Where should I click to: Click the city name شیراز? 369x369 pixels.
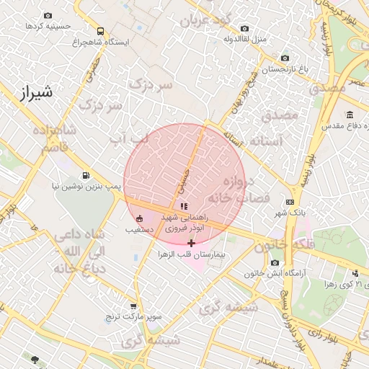tap(34, 93)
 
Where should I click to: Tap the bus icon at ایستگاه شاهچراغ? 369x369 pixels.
tap(99, 31)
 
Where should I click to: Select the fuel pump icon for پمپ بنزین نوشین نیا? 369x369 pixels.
tap(86, 175)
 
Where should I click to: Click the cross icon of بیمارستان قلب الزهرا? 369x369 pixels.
tap(191, 243)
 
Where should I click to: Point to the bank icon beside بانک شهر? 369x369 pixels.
tap(290, 203)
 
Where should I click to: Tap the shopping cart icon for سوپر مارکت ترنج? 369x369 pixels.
tap(133, 306)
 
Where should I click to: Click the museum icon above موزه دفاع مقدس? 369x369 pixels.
tap(350, 115)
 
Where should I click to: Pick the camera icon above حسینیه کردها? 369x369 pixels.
tap(48, 15)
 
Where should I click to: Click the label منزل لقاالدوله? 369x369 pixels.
tap(245, 37)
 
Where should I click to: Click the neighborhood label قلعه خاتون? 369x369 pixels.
tap(267, 245)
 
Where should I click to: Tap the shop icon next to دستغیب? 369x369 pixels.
tap(139, 218)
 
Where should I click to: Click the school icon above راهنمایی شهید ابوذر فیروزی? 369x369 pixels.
tap(184, 206)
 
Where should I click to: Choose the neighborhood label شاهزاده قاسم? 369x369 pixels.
tap(54, 138)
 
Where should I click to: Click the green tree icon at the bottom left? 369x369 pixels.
tap(35, 358)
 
